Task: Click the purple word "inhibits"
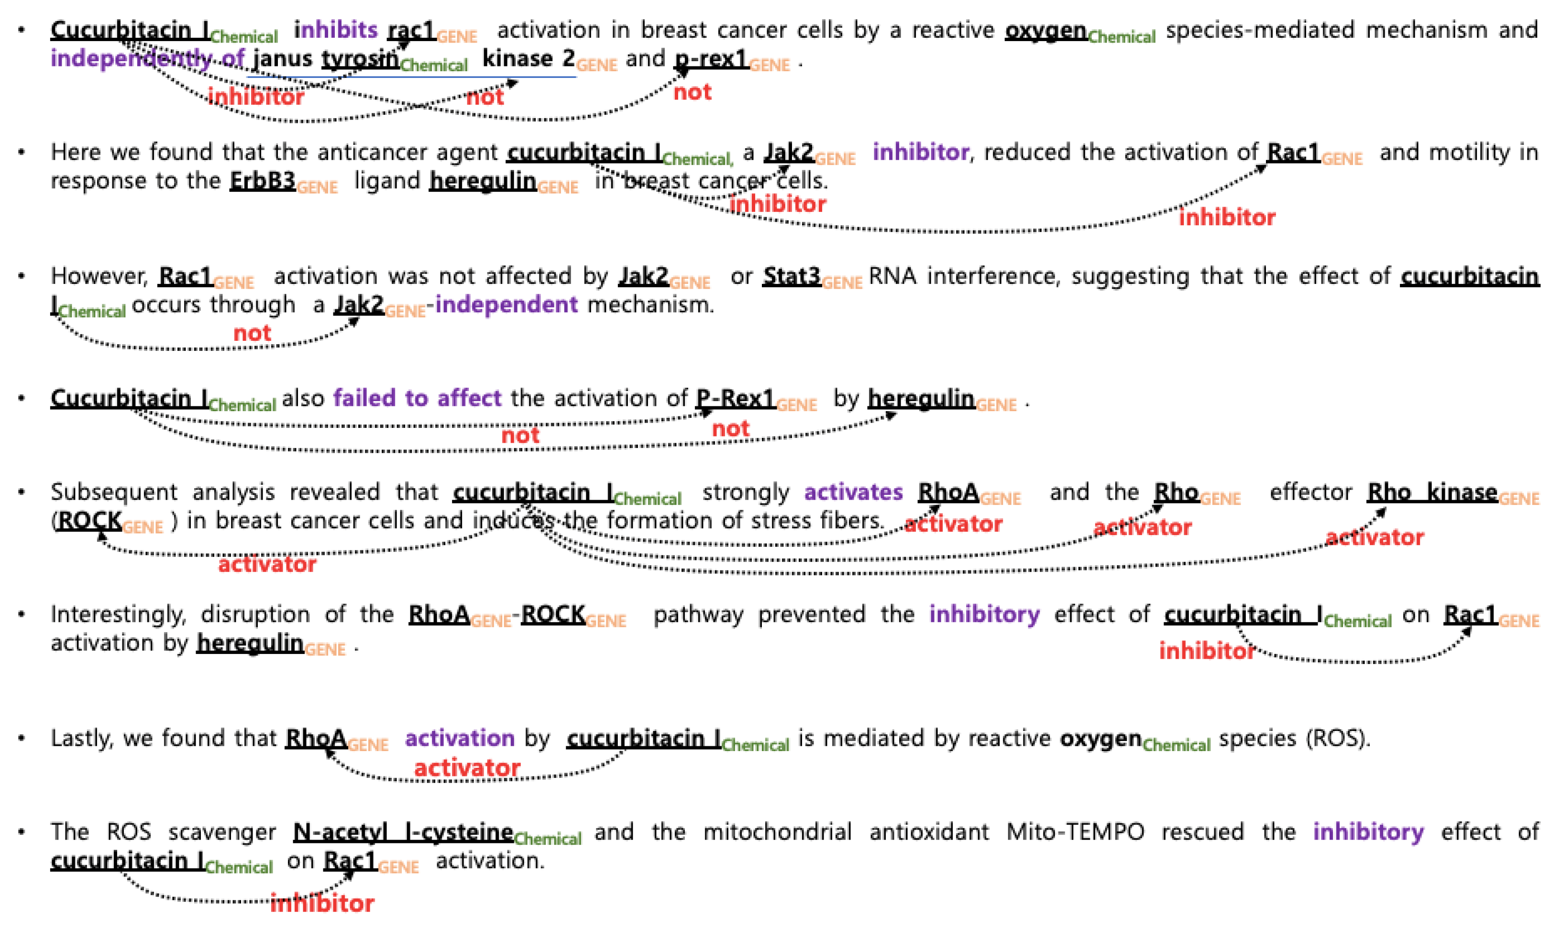click(336, 29)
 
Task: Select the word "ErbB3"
click(263, 181)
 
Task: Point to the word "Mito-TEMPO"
click(1075, 832)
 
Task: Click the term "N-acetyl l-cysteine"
click(403, 832)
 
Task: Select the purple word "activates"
click(854, 492)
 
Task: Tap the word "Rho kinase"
click(1432, 492)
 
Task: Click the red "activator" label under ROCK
click(267, 565)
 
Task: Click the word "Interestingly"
click(118, 614)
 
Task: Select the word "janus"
click(282, 58)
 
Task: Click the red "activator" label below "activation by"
click(467, 768)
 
